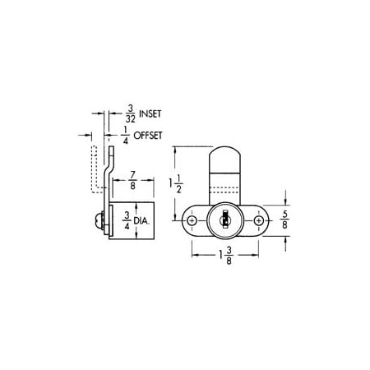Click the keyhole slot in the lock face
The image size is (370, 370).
223,223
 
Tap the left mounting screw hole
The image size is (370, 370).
191,222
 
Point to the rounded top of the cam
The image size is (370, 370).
223,156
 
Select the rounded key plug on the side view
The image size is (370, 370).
97,220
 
